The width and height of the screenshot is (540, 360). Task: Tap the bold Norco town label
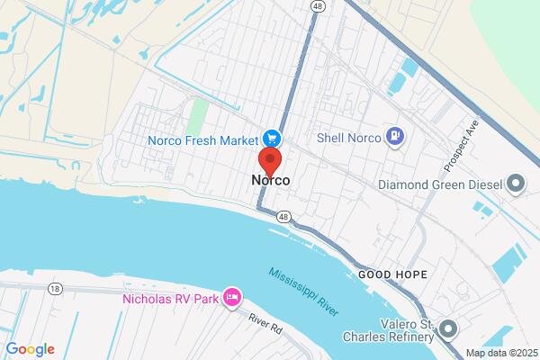point(270,181)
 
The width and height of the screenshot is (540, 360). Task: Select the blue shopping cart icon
point(271,139)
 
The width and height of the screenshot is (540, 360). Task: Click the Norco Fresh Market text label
point(204,139)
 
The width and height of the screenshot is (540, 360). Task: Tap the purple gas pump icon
point(394,138)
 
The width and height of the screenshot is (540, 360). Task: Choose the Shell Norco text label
point(349,138)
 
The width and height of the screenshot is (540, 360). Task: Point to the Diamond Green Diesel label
point(439,185)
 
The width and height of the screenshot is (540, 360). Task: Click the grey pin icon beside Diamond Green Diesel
point(517,185)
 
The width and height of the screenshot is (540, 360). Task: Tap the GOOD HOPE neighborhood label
point(391,273)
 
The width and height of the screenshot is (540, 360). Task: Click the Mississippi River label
point(303,291)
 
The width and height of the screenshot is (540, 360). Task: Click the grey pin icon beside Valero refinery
point(449,328)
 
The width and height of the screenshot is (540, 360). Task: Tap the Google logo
point(30,349)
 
